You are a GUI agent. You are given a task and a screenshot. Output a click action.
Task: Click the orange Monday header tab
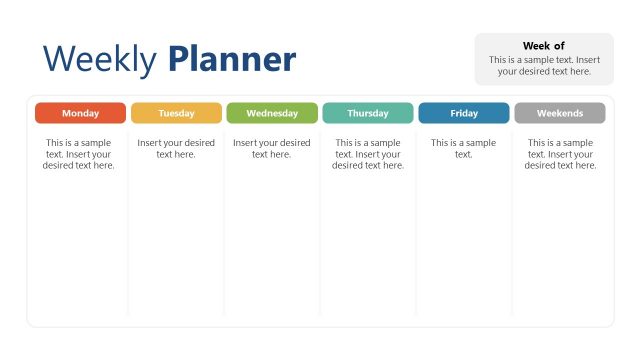(x=80, y=113)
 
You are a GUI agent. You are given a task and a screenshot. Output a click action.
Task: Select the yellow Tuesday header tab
(x=176, y=113)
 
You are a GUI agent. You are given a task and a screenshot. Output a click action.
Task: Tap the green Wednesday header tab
(x=272, y=113)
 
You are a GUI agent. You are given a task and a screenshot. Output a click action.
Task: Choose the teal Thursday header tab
(x=368, y=113)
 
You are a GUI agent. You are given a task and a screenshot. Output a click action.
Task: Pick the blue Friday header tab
(x=464, y=113)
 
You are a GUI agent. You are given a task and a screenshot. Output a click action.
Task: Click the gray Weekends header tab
(x=560, y=113)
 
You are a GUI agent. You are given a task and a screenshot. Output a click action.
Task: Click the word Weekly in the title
(x=100, y=60)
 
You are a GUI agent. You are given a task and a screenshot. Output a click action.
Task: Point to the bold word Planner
(x=232, y=60)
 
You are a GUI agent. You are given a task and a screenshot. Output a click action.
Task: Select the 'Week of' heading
(x=544, y=46)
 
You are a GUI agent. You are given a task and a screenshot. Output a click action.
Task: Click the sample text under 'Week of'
(x=544, y=65)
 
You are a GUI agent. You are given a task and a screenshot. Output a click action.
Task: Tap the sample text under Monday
(x=80, y=154)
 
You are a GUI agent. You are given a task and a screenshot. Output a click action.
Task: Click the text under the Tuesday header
(x=176, y=148)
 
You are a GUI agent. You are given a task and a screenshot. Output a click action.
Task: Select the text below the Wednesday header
(x=272, y=148)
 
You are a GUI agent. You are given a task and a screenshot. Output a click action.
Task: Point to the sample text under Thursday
(x=368, y=154)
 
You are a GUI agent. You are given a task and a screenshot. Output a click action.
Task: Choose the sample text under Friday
(x=464, y=148)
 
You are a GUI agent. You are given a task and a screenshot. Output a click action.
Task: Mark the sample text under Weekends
(x=560, y=154)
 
